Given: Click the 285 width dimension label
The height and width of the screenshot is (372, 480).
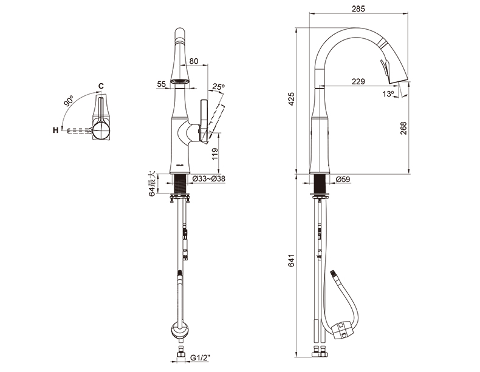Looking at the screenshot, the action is click(358, 8).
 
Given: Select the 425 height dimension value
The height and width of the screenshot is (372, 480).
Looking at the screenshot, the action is click(292, 99).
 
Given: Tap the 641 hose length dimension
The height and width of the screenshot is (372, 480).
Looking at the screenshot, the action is click(292, 260).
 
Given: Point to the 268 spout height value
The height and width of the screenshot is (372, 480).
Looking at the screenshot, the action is click(403, 128).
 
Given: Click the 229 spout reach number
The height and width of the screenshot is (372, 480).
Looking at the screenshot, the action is click(358, 81).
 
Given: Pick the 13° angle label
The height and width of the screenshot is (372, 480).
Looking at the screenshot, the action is click(388, 94).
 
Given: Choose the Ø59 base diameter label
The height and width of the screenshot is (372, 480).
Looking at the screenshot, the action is click(343, 180).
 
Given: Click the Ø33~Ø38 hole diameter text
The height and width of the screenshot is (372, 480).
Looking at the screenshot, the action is click(209, 178).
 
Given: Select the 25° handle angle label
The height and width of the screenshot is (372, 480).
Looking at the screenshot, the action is click(219, 87).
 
